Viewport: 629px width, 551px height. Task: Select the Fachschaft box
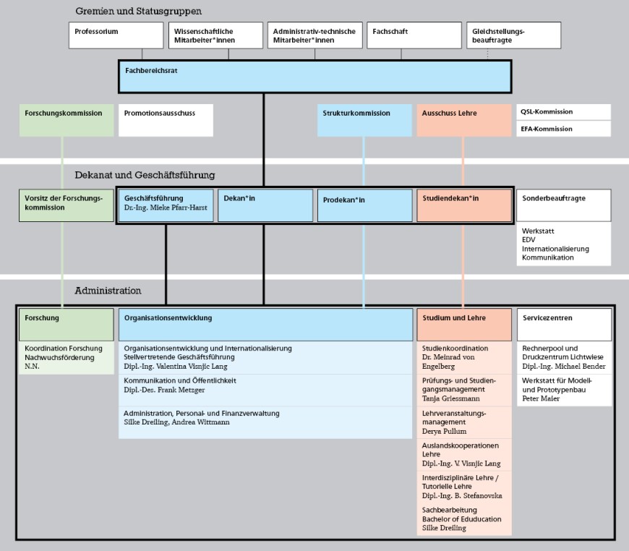click(414, 35)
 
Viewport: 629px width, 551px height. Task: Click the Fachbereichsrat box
click(314, 77)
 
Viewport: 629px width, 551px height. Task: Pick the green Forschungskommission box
click(67, 120)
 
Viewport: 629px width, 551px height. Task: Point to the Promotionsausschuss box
click(166, 120)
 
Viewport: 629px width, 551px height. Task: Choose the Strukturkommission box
click(364, 120)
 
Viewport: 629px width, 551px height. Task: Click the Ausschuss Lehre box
click(463, 120)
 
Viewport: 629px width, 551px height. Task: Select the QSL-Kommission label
click(563, 112)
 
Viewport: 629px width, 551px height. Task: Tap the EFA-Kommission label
click(563, 129)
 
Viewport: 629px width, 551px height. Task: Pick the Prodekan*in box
click(364, 205)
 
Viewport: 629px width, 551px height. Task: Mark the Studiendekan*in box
click(463, 205)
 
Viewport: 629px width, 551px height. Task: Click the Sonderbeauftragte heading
click(563, 199)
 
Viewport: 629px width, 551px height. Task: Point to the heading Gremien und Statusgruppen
click(138, 12)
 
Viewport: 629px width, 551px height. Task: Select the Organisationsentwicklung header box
click(265, 325)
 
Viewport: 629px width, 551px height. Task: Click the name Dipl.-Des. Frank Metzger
click(164, 390)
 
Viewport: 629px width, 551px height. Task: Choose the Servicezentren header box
click(563, 325)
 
